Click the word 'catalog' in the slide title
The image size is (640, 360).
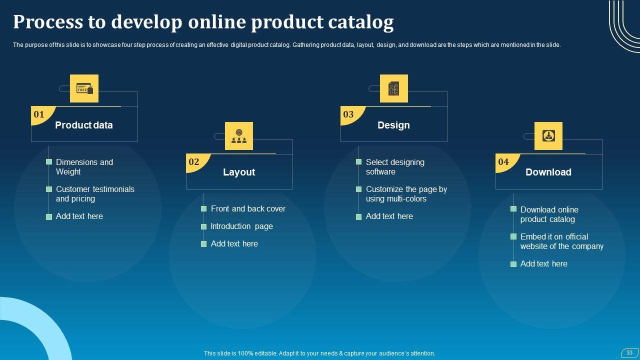click(x=360, y=22)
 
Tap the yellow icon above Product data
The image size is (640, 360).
click(x=84, y=88)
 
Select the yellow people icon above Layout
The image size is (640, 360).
click(x=239, y=136)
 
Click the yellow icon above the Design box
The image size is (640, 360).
click(x=394, y=88)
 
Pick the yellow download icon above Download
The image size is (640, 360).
click(x=548, y=136)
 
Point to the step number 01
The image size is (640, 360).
click(x=39, y=114)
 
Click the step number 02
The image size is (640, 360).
click(x=194, y=162)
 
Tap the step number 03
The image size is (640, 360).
click(x=348, y=114)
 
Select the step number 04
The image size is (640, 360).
click(x=503, y=162)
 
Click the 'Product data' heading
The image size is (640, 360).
click(x=84, y=125)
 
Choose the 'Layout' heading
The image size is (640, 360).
click(x=239, y=172)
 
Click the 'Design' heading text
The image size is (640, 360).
click(x=393, y=125)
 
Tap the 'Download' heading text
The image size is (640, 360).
click(x=548, y=172)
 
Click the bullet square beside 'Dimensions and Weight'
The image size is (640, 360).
click(x=49, y=162)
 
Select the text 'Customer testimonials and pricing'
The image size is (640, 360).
click(x=95, y=194)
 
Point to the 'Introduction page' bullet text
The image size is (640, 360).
click(x=242, y=226)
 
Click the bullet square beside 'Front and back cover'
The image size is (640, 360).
click(x=204, y=209)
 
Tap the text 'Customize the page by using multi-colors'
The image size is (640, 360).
click(x=406, y=194)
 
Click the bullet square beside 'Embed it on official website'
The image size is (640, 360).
click(x=513, y=236)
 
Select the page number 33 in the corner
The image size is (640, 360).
click(x=629, y=353)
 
